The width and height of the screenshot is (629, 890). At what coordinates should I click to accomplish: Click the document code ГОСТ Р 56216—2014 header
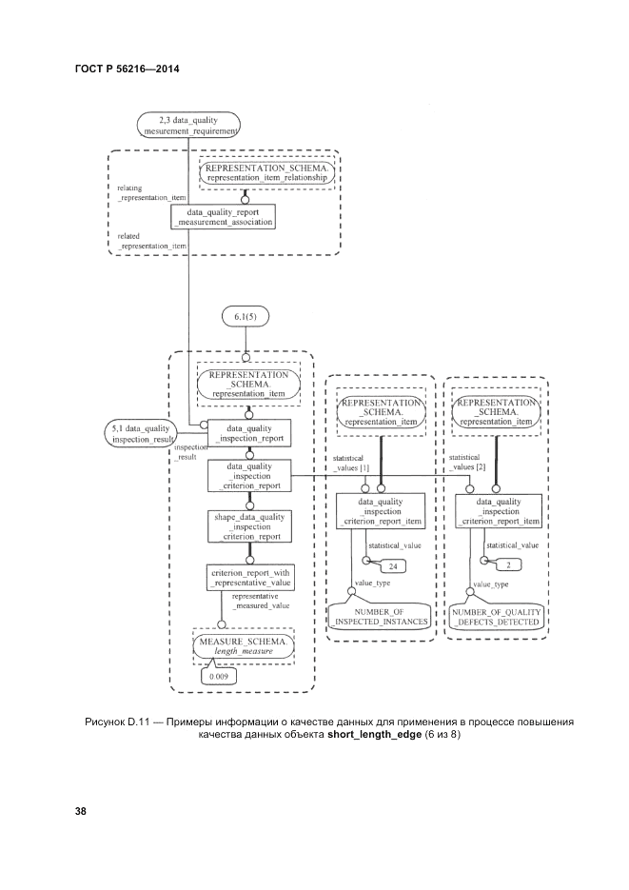coord(127,69)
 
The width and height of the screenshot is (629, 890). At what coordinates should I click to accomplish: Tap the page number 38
coord(81,811)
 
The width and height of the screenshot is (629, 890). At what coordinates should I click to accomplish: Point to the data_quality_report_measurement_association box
coord(224,216)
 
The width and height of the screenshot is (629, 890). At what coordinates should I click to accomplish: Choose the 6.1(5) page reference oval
coord(246,316)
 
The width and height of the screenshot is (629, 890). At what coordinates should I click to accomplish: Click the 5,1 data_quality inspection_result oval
coord(142,434)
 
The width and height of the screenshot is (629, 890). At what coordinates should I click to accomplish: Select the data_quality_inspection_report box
coord(248,433)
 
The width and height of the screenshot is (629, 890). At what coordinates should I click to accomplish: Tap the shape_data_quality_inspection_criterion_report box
coord(248,526)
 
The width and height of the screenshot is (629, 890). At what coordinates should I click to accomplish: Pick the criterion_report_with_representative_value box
coord(248,577)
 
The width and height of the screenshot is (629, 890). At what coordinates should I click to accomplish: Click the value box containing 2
coord(508,565)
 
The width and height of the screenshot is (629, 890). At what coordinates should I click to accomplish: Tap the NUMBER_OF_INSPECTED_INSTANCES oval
coord(380,615)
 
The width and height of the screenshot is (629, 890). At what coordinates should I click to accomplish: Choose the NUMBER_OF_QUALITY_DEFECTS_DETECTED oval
coord(497,615)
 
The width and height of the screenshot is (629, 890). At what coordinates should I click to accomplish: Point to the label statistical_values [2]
coord(467,463)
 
